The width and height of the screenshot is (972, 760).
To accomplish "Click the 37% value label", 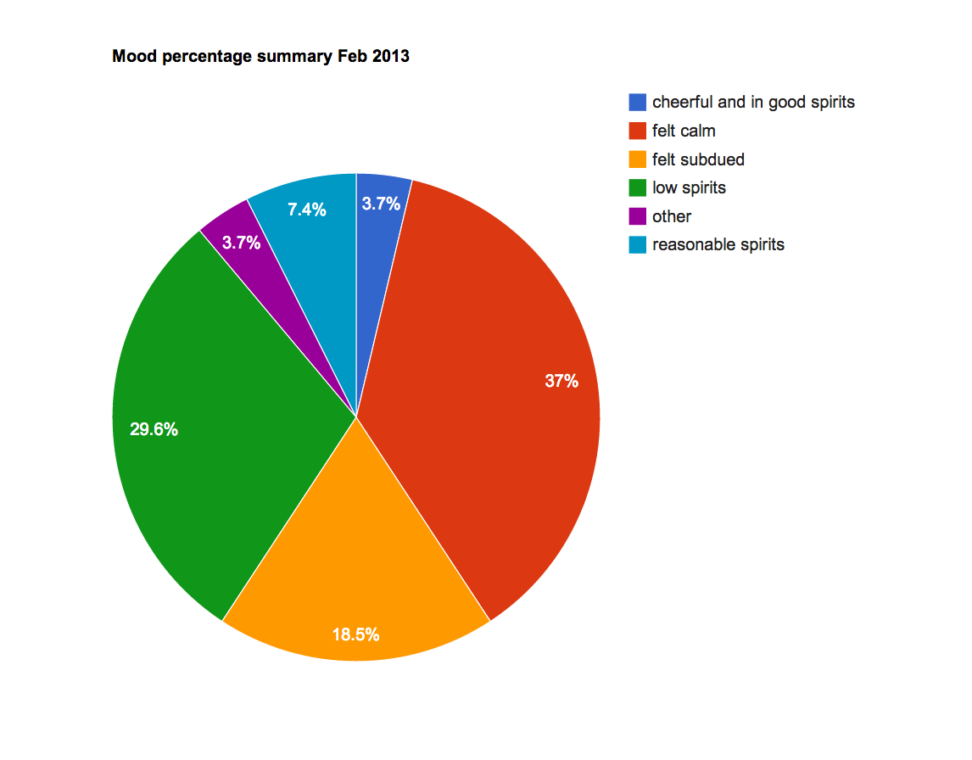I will [x=561, y=382].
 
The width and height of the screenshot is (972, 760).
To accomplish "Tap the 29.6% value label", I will [x=154, y=430].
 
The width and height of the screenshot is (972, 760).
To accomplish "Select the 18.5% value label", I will [x=355, y=634].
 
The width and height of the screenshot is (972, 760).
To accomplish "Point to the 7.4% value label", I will [x=306, y=210].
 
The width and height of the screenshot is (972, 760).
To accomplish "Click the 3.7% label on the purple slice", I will [x=241, y=243].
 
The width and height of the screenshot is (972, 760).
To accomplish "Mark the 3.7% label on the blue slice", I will [x=381, y=204].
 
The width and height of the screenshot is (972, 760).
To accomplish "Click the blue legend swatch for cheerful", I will [x=637, y=102].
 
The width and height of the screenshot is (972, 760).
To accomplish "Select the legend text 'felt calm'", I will [x=684, y=131].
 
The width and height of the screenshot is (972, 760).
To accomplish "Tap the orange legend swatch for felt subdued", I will [x=637, y=159].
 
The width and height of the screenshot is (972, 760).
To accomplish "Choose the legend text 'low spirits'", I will [x=689, y=187].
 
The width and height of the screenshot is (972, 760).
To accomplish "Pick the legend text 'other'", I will [x=672, y=216].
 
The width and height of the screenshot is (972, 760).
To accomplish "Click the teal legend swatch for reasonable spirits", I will [x=637, y=244].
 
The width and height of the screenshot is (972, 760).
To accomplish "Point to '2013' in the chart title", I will [x=391, y=57].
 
